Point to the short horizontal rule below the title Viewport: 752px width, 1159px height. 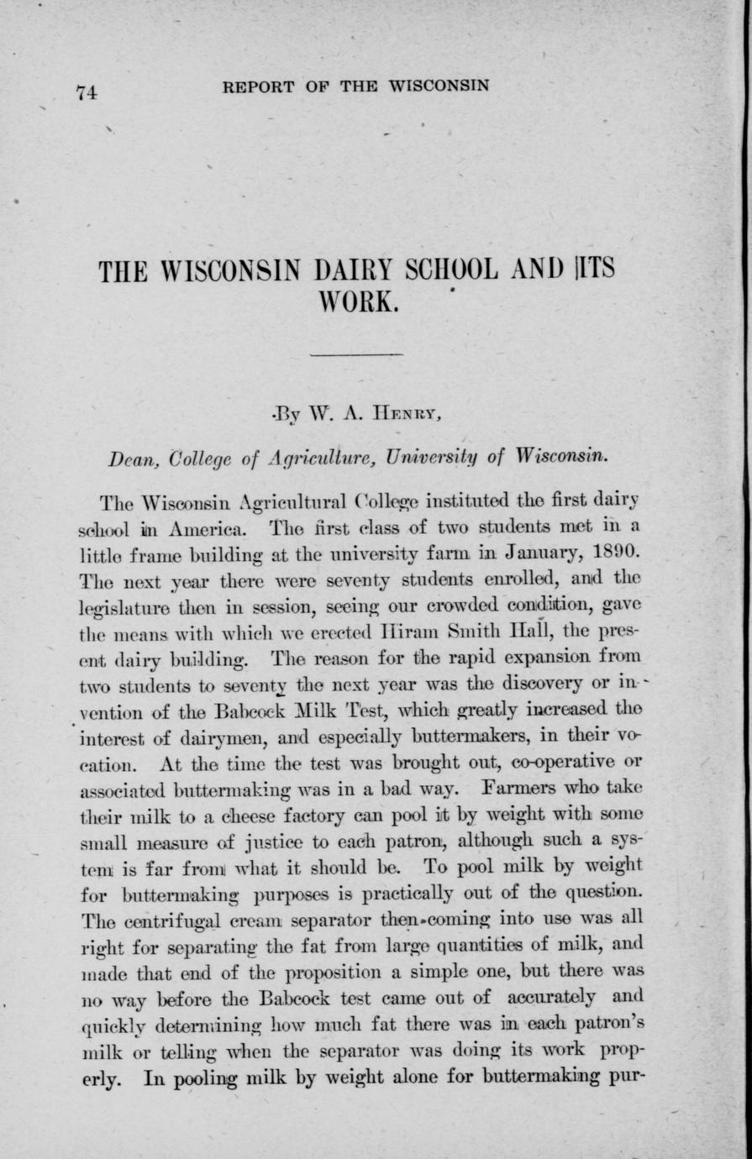[357, 356]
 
